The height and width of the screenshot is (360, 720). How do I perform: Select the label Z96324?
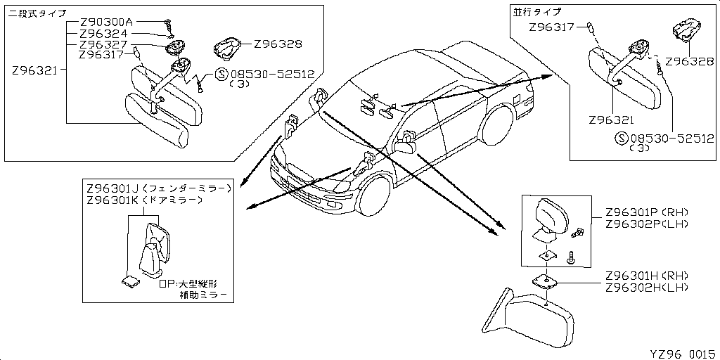click(x=103, y=34)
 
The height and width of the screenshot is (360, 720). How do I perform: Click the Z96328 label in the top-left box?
click(x=278, y=44)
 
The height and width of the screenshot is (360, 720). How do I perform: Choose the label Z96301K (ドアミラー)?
click(x=144, y=200)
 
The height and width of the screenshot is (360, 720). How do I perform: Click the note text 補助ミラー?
click(x=204, y=296)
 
